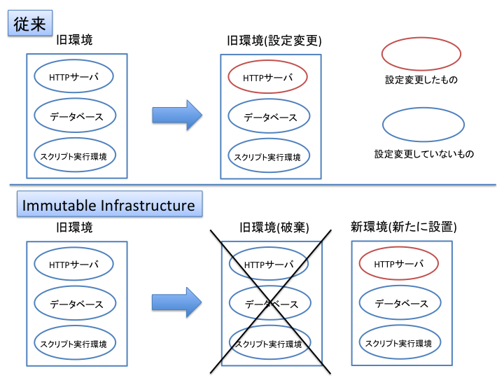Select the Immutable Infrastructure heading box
(109, 205)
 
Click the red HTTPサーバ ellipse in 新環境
(399, 264)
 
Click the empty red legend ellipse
(421, 54)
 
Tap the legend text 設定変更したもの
(421, 80)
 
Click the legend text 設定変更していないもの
(424, 153)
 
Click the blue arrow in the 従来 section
(176, 115)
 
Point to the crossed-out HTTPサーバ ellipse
(269, 265)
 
